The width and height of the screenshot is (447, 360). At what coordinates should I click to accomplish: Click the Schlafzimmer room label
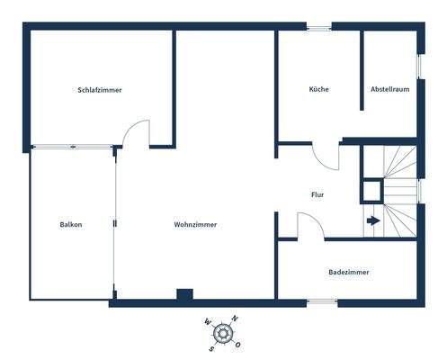click(x=100, y=90)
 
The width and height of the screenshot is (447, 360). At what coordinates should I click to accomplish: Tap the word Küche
click(x=318, y=90)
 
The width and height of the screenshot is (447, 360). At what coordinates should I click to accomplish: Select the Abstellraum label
click(x=390, y=90)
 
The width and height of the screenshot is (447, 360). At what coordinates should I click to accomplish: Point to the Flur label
click(x=317, y=194)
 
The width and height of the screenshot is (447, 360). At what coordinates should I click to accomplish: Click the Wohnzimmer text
click(x=195, y=225)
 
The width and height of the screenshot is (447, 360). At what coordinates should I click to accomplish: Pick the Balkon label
click(x=71, y=225)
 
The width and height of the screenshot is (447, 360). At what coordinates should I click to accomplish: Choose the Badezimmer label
click(x=348, y=272)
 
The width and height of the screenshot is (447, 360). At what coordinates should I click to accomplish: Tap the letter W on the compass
click(x=207, y=323)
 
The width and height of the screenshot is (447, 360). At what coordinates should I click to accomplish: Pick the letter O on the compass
click(x=240, y=343)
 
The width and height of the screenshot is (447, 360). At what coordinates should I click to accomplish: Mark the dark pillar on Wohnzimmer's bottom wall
click(x=184, y=294)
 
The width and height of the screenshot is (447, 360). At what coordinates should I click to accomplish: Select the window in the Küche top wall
click(x=318, y=27)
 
